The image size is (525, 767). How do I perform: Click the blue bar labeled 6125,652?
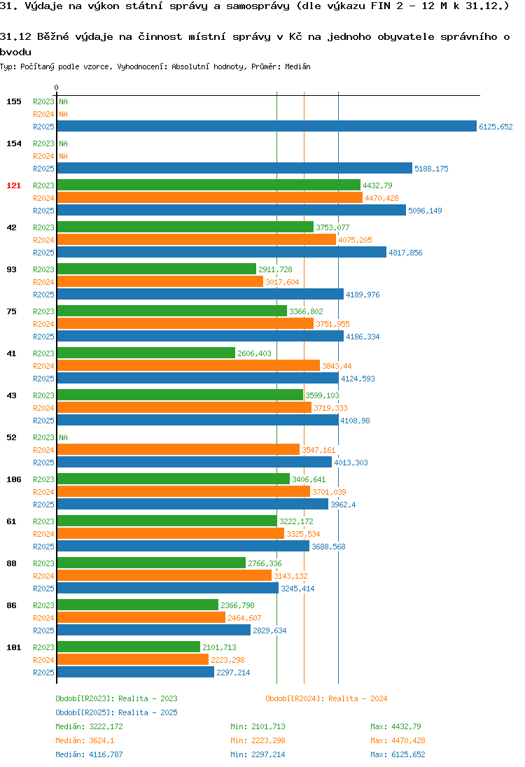coord(267,126)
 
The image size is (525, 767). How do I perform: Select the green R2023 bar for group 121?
coord(209,185)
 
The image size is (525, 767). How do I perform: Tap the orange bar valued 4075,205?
coord(197,239)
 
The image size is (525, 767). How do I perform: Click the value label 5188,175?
coord(431,169)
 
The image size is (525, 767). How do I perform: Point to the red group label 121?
coord(14,185)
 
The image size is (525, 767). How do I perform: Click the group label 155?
coord(14,101)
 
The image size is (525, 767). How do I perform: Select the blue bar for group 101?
coord(136,672)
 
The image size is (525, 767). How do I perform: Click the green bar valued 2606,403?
coord(146,353)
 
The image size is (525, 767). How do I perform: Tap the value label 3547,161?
coord(318,450)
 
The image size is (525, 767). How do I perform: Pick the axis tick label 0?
coord(56,87)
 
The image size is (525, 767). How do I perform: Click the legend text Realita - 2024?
coord(358,698)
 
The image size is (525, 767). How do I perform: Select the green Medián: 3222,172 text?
coord(89,726)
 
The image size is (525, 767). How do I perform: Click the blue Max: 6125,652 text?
coord(398,754)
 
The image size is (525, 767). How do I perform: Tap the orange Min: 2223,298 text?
coord(258,740)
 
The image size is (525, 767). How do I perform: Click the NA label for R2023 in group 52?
coord(63,437)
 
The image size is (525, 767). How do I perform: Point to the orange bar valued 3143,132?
coord(164,575)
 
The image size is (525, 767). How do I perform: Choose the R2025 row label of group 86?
coord(43,631)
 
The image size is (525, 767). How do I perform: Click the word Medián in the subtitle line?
coord(297,66)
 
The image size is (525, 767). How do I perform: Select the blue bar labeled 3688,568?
coord(183,546)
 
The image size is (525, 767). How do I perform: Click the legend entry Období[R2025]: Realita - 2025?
coord(116,712)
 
